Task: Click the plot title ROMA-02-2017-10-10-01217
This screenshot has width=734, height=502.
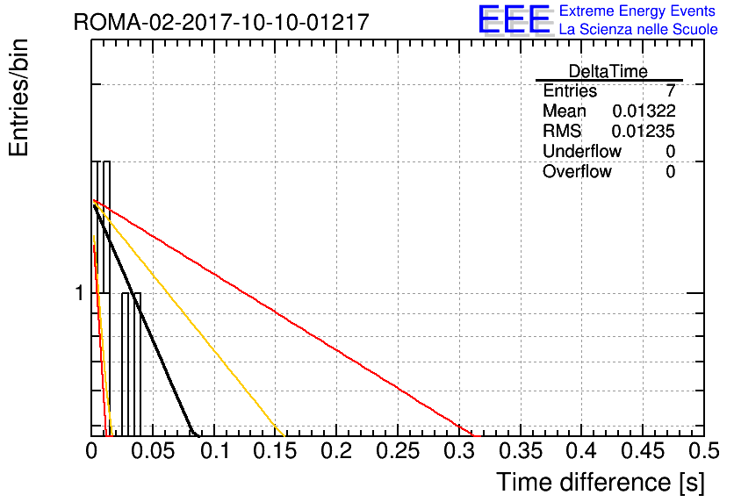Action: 221,22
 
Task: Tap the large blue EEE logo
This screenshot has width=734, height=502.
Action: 515,19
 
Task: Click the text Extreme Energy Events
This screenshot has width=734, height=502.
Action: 637,11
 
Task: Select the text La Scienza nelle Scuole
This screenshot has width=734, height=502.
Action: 638,30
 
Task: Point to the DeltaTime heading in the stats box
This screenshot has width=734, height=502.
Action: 608,72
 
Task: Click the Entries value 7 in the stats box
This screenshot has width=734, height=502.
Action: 671,90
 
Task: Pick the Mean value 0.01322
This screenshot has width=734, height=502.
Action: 644,111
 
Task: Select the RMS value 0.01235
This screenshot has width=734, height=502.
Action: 644,131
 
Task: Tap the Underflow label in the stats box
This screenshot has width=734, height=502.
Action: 582,151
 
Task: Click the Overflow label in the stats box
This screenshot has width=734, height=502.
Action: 577,171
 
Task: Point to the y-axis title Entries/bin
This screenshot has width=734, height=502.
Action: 18,97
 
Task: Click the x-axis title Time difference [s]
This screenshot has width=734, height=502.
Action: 601,482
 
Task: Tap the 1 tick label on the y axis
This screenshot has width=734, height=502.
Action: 80,293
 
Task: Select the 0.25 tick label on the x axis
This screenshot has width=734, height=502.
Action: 398,451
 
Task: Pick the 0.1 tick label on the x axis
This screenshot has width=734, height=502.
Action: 216,451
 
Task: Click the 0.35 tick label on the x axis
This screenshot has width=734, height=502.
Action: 521,451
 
